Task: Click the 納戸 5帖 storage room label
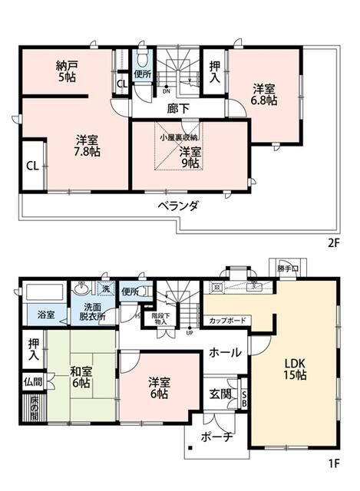[x=66, y=71]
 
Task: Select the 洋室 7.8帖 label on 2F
[x=86, y=146]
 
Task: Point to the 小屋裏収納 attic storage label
[x=177, y=137]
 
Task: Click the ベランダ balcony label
[x=180, y=206]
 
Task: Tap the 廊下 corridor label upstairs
[x=178, y=109]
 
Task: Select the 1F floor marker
[x=333, y=464]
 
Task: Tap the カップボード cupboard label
[x=226, y=319]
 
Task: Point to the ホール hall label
[x=226, y=352]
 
